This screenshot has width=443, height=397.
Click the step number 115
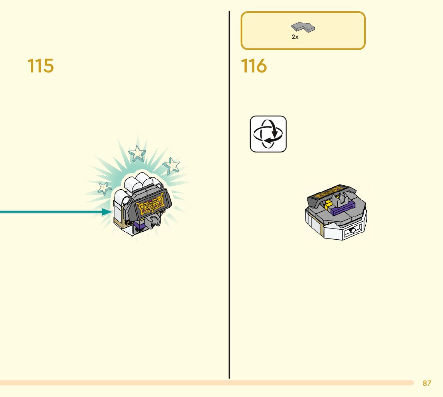(x=40, y=66)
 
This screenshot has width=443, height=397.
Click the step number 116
(x=254, y=66)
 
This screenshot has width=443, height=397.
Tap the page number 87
(x=427, y=383)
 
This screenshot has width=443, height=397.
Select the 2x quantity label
(x=295, y=37)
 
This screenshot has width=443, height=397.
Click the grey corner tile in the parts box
(x=303, y=28)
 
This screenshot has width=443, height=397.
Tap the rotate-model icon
(x=268, y=134)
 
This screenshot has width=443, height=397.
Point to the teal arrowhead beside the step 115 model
(x=106, y=212)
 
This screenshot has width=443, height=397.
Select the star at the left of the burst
(x=105, y=187)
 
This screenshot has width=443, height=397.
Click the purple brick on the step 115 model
(x=139, y=226)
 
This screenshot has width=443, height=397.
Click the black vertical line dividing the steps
(x=230, y=200)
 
